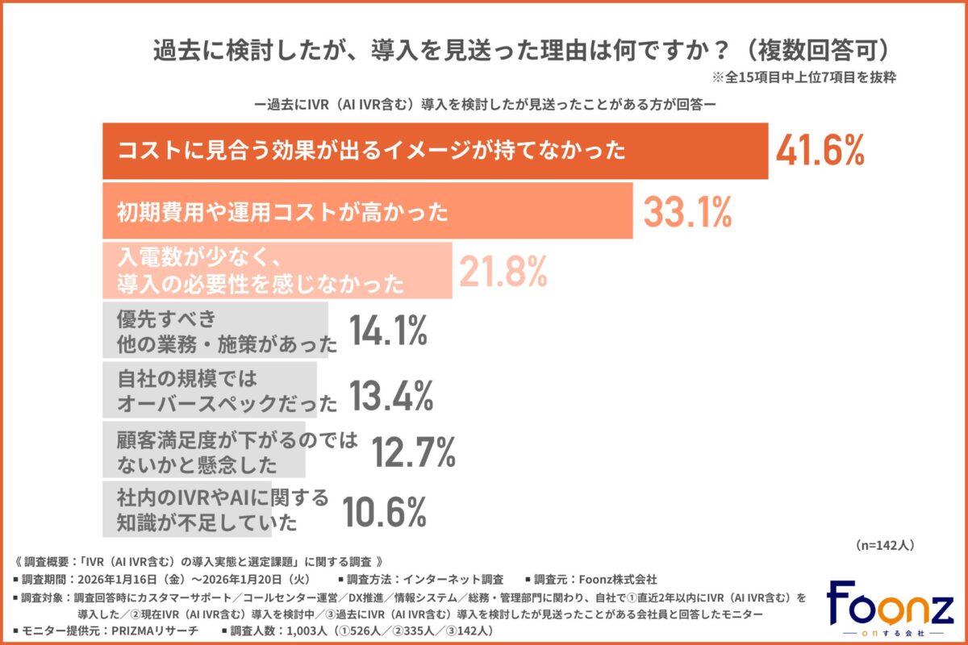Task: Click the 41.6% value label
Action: (820, 151)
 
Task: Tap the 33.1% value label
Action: (687, 212)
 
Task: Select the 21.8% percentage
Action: (503, 272)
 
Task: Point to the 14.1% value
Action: (387, 331)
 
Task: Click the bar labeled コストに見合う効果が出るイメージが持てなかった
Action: (435, 151)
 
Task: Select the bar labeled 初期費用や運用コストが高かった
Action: (367, 212)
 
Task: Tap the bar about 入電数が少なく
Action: (278, 272)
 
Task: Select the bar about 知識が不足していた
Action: (187, 510)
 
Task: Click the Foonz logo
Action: (890, 609)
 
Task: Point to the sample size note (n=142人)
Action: (883, 545)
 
